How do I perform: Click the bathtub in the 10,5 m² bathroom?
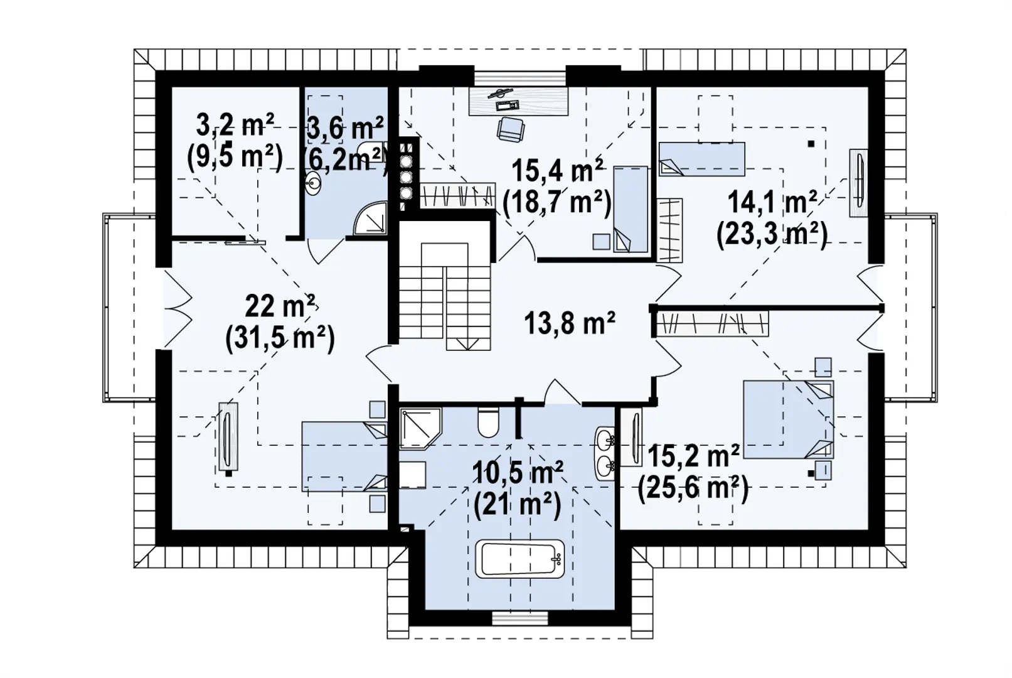point(519,559)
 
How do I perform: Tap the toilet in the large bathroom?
point(488,422)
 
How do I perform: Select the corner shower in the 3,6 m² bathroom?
point(370,218)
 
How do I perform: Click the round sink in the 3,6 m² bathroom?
point(312,183)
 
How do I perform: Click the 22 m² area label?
point(280,306)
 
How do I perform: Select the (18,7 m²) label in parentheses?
point(558,203)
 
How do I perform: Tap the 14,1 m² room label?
point(772,203)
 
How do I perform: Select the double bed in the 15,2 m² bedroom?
point(789,419)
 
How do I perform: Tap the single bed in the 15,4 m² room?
point(631,209)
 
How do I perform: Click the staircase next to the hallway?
point(445,296)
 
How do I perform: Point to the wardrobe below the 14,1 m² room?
point(712,324)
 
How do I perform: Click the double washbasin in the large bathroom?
point(605,453)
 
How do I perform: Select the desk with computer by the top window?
point(518,101)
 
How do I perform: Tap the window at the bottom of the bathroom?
point(519,618)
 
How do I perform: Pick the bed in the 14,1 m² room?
point(701,159)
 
